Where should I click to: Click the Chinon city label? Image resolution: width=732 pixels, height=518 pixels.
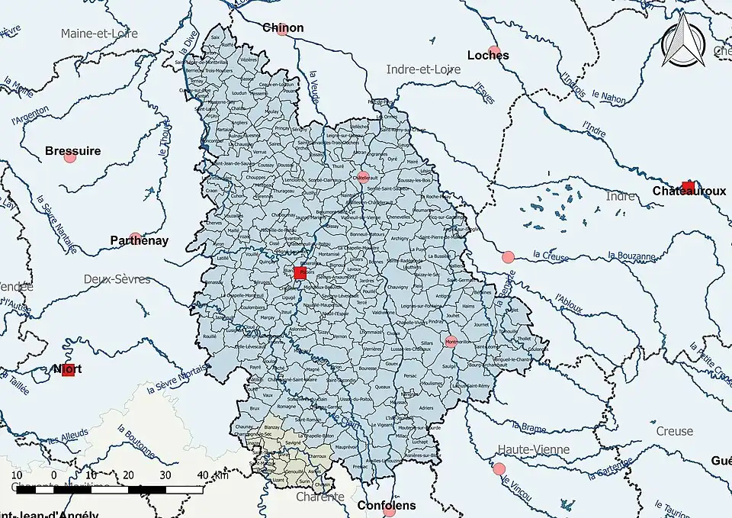pyautogui.click(x=283, y=28)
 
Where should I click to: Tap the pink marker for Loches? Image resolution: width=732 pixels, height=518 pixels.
pyautogui.click(x=494, y=53)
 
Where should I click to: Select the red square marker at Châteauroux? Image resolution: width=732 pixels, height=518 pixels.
pyautogui.click(x=688, y=188)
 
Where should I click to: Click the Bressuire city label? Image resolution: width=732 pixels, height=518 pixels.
pyautogui.click(x=72, y=151)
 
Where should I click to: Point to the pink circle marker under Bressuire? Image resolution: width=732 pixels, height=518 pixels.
pyautogui.click(x=70, y=157)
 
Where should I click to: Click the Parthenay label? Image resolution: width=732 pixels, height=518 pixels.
pyautogui.click(x=139, y=240)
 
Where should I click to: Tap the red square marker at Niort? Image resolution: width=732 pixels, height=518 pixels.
pyautogui.click(x=69, y=370)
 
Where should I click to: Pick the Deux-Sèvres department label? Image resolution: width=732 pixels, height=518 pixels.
pyautogui.click(x=117, y=279)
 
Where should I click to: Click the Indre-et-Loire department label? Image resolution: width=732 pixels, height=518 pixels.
pyautogui.click(x=423, y=69)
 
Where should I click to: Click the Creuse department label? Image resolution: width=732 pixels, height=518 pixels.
pyautogui.click(x=675, y=431)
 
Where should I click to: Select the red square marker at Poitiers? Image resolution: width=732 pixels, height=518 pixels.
pyautogui.click(x=300, y=272)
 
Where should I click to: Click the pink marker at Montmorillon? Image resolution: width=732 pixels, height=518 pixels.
pyautogui.click(x=451, y=342)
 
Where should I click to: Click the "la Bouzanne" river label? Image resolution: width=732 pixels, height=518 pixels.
pyautogui.click(x=632, y=256)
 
